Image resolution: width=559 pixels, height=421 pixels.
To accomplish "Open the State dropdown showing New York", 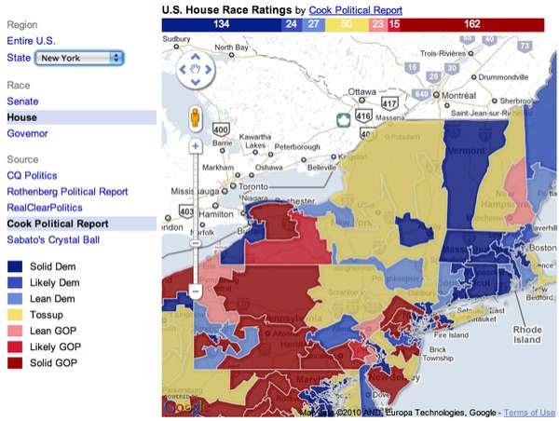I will pos(78,59).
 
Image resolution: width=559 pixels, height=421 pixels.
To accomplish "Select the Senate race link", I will pos(23,101).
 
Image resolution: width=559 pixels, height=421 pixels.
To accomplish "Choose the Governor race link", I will pos(28,133).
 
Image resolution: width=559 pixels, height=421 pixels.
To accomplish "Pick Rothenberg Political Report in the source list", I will pos(67,192).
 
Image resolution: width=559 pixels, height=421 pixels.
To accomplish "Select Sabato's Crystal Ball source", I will pos(58,240).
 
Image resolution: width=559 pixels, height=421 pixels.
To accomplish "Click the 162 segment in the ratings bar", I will pos(471,22).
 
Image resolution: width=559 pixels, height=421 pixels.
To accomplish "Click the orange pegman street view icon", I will pos(196,120).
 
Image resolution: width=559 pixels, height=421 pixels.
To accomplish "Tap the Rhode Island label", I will pos(526,334).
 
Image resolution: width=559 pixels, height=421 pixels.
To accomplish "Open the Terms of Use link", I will pos(529,412).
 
